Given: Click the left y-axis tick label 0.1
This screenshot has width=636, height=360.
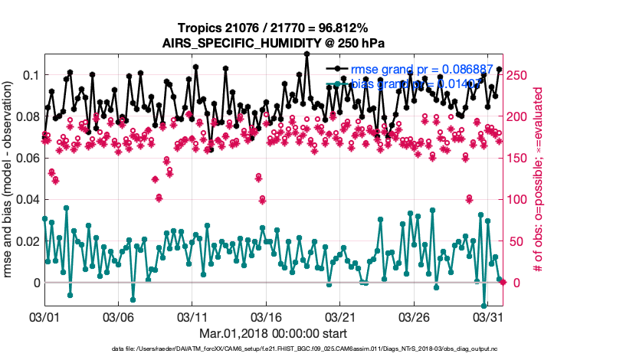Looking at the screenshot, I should click(30, 75).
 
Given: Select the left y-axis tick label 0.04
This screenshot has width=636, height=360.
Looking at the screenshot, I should click(27, 199).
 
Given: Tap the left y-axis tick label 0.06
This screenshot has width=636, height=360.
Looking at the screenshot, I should click(27, 158).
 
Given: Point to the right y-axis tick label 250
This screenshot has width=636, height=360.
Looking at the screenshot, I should click(518, 75).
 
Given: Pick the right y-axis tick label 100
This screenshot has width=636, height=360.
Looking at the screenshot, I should click(518, 199).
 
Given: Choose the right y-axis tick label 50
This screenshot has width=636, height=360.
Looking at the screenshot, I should click(515, 241).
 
